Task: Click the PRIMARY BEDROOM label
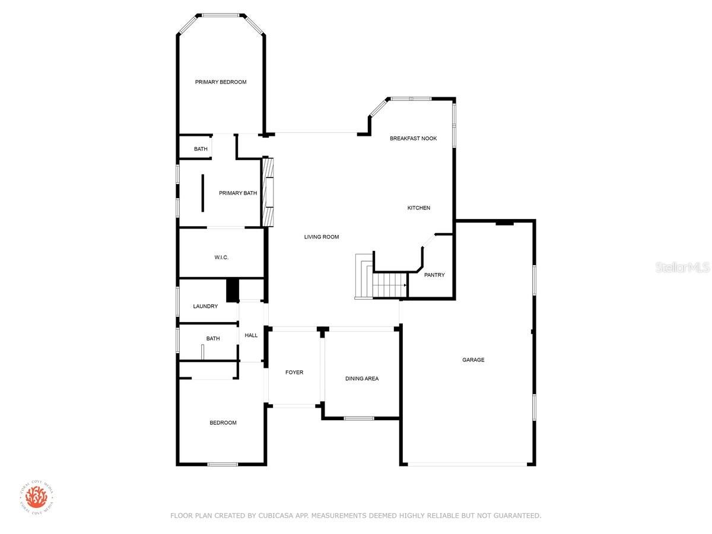pyautogui.click(x=220, y=82)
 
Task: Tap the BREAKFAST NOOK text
pyautogui.click(x=413, y=138)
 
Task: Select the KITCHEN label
pyautogui.click(x=418, y=208)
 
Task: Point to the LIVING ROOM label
pyautogui.click(x=321, y=237)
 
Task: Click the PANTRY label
pyautogui.click(x=434, y=275)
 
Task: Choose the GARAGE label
pyautogui.click(x=473, y=360)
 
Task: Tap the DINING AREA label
pyautogui.click(x=362, y=379)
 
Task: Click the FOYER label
pyautogui.click(x=294, y=373)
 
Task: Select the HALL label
pyautogui.click(x=251, y=336)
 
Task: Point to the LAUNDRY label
pyautogui.click(x=205, y=306)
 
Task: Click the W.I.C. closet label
pyautogui.click(x=221, y=258)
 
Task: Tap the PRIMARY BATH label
pyautogui.click(x=238, y=193)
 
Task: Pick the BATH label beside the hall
pyautogui.click(x=213, y=339)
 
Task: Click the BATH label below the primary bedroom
pyautogui.click(x=201, y=149)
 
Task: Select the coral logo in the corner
pyautogui.click(x=36, y=497)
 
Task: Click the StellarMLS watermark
pyautogui.click(x=682, y=268)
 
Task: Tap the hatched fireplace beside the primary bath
pyautogui.click(x=268, y=192)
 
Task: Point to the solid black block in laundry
pyautogui.click(x=232, y=291)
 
